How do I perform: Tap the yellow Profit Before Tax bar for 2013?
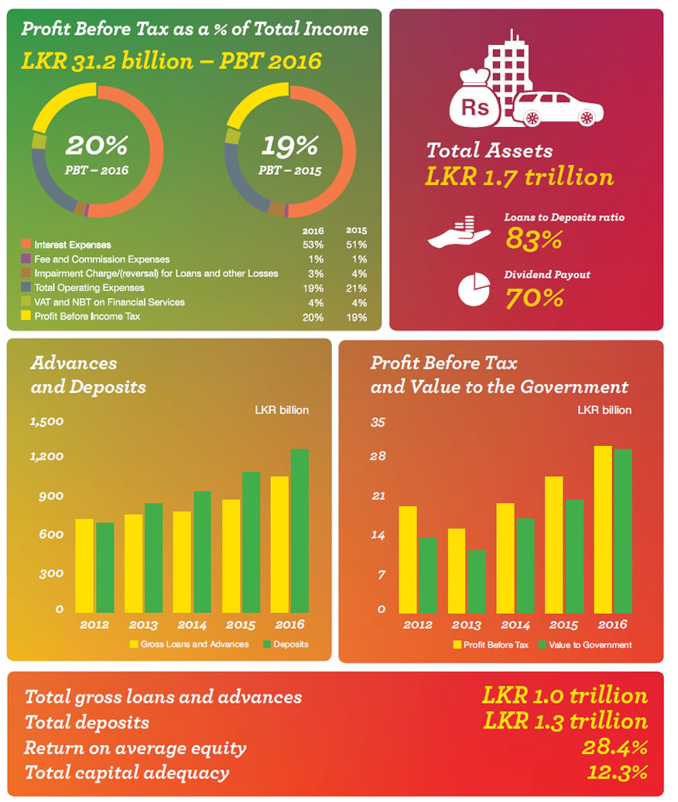(x=457, y=569)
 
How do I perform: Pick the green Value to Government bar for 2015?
(x=574, y=554)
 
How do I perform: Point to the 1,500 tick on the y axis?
(x=46, y=422)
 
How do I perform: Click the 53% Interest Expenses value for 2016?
(x=313, y=245)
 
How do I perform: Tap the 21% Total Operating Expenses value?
(x=357, y=287)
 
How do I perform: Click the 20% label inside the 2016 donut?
(x=97, y=146)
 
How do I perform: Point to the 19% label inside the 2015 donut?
(x=290, y=146)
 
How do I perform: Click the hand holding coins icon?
(x=460, y=235)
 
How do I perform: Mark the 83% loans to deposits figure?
(x=533, y=239)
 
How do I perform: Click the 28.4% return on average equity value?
(x=614, y=748)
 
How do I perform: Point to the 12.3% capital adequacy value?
(x=614, y=773)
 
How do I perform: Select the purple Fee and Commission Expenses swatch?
(x=26, y=259)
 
